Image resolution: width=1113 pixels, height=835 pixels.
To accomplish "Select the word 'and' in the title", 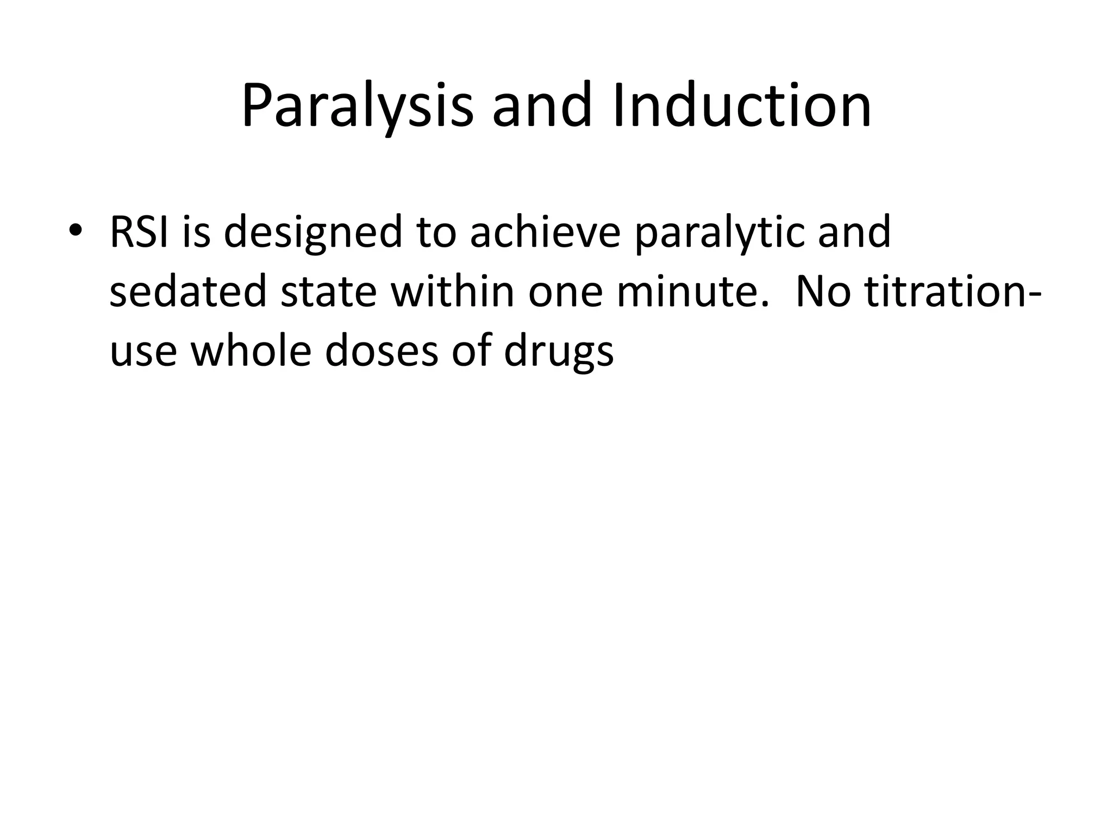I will coord(541,105).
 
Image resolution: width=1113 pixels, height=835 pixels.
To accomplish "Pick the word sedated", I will coord(188,292).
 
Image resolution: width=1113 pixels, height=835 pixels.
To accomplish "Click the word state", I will coord(328,292).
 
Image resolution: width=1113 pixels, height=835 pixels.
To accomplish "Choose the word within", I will coord(453,292).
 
